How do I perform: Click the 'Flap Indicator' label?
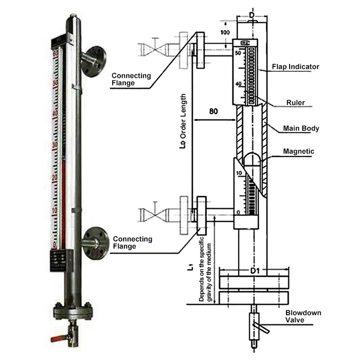pos(296,67)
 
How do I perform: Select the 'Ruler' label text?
pos(295,102)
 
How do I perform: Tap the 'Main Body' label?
pos(301,128)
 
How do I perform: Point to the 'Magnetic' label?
pos(299,151)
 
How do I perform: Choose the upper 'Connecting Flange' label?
pos(131,79)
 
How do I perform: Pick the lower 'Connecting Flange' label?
pos(132,243)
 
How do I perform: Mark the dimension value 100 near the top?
pos(225,32)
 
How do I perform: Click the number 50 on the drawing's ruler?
pos(238,53)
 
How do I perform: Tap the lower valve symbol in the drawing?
pos(153,213)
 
